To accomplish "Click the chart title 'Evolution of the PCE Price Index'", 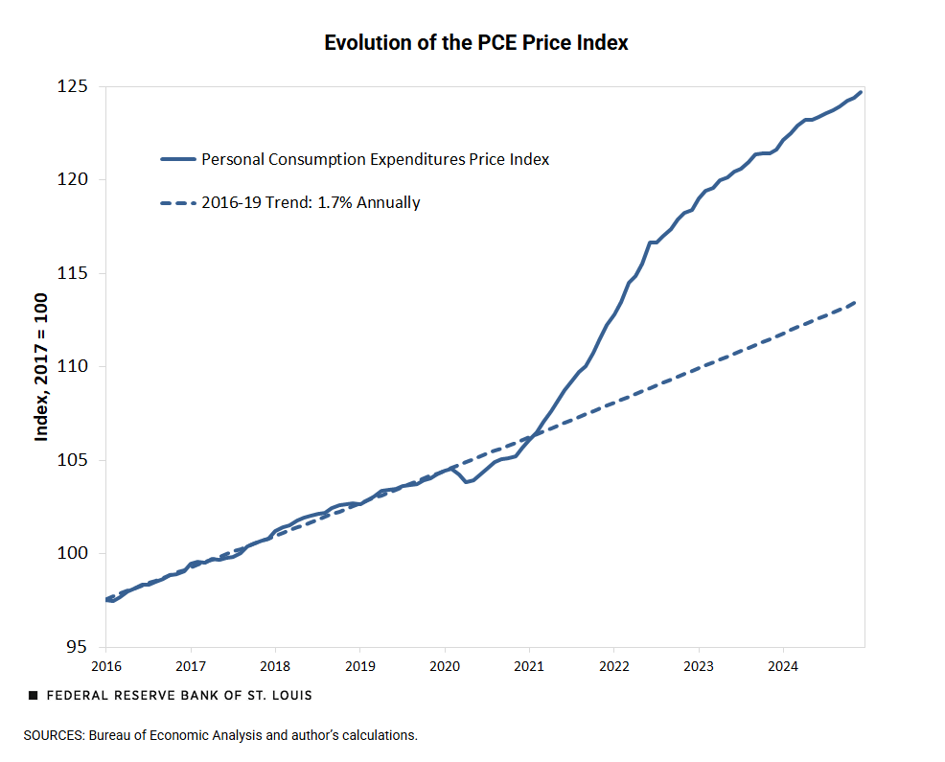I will click(475, 43).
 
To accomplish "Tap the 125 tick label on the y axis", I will click(73, 87).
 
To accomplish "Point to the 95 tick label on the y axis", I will click(78, 647).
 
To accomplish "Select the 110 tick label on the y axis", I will click(73, 367).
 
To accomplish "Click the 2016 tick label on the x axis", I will click(106, 665).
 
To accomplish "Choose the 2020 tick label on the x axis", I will click(445, 665).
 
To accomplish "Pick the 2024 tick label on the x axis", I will click(783, 665).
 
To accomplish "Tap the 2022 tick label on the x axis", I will click(613, 665).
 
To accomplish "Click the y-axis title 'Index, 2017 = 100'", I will click(42, 367).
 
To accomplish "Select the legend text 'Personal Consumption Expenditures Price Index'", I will click(375, 160).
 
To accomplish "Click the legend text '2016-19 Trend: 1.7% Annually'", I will click(311, 203).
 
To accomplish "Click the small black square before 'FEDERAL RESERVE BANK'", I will click(34, 695).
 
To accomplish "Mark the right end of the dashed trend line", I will click(855, 302).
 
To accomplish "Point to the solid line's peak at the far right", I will click(861, 92).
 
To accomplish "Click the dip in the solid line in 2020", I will click(467, 481).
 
